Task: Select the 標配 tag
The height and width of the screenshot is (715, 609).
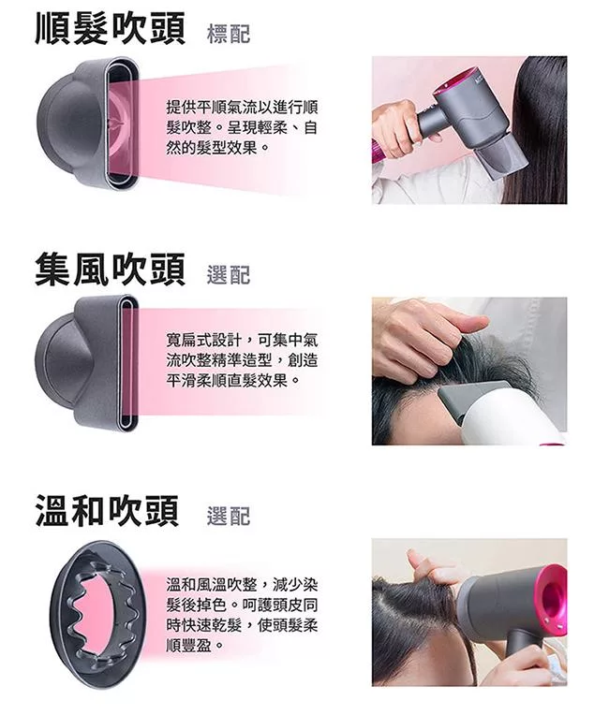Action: click(x=228, y=35)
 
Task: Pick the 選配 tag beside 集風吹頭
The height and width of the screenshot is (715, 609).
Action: click(x=228, y=274)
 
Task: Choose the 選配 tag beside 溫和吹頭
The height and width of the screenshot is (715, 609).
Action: click(x=228, y=516)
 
